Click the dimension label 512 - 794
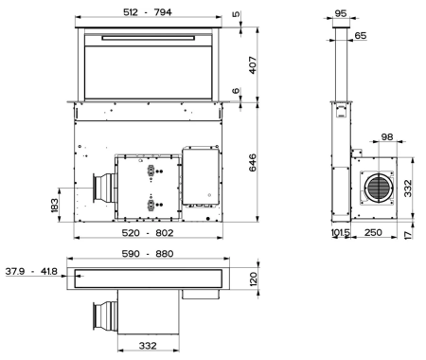151,12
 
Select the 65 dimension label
360,35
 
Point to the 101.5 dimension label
342,232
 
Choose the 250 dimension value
373,232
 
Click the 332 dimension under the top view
147,346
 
